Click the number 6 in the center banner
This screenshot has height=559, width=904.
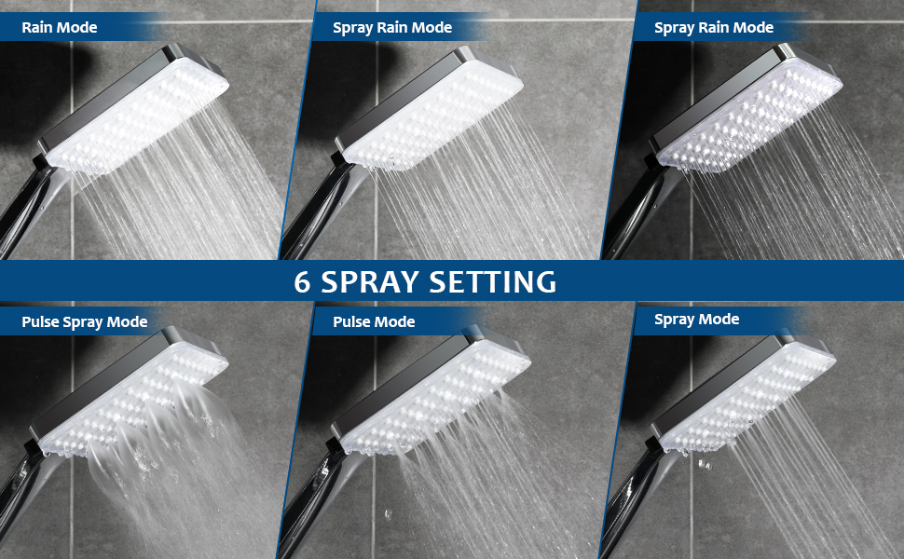[304, 281]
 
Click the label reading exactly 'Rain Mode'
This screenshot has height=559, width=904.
[60, 28]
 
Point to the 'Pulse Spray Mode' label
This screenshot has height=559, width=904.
[85, 322]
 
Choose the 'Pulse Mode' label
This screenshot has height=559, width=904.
[375, 322]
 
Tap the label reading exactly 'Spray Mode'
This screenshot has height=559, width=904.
[696, 320]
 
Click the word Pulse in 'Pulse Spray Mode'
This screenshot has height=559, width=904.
[41, 322]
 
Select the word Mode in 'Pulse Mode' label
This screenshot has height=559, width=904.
[396, 322]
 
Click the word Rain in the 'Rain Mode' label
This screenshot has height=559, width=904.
[38, 28]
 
